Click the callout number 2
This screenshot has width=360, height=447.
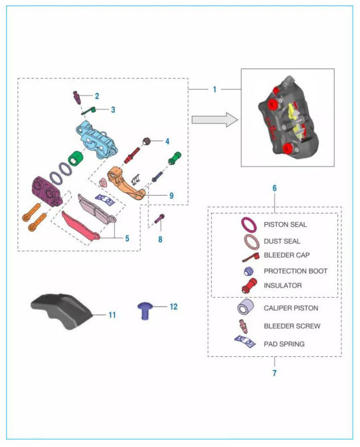97,96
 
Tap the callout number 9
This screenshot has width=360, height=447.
171,196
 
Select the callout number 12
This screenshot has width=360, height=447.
173,307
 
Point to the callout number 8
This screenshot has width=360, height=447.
161,239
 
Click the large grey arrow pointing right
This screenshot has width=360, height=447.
215,120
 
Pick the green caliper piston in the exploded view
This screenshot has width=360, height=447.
76,159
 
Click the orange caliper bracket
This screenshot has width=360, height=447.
126,183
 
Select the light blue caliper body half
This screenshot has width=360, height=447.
97,139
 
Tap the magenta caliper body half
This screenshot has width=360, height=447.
46,191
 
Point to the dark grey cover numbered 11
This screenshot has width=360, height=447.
61,311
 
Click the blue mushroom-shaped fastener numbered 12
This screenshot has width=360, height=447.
145,310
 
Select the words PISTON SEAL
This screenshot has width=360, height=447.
285,225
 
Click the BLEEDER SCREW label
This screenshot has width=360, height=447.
292,326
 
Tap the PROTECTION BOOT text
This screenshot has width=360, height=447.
296,271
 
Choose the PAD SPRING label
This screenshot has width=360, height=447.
284,344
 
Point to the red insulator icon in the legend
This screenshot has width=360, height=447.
249,286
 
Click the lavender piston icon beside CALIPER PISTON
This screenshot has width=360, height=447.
245,307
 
